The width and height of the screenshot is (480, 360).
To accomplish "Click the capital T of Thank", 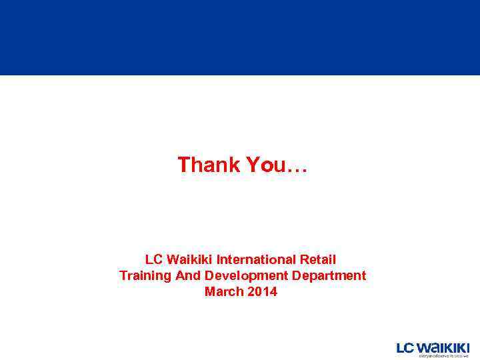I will tap(183, 165).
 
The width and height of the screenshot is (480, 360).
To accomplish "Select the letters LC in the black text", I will tap(153, 259).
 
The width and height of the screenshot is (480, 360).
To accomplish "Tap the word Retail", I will tap(318, 259).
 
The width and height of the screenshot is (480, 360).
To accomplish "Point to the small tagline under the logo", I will tap(443, 356).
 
